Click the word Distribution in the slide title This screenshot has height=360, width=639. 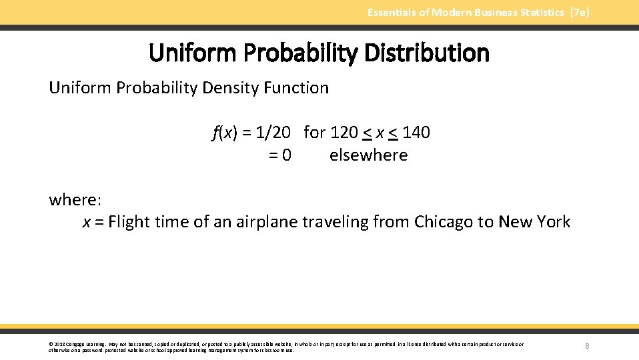coord(429,53)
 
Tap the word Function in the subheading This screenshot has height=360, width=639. coord(298,88)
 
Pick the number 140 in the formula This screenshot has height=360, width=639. coord(416,133)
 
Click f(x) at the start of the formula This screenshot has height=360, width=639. coord(225,133)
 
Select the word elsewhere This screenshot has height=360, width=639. coord(368,155)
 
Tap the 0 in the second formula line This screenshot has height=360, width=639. coord(286,155)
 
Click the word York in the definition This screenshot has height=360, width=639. coord(553,222)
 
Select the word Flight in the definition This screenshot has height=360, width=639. coord(129,222)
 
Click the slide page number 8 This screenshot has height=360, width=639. coord(587,346)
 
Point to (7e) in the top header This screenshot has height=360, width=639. coord(580,12)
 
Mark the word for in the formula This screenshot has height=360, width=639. coord(314,133)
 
